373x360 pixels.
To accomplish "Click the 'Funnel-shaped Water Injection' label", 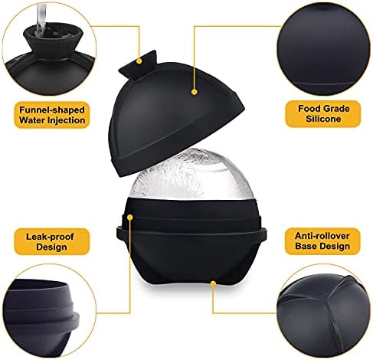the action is click(x=52, y=115).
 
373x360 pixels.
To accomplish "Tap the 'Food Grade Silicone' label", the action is click(x=323, y=114).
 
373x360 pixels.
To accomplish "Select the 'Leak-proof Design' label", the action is click(x=51, y=241).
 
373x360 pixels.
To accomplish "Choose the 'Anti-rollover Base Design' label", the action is click(x=322, y=241).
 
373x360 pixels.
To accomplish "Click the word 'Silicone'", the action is click(x=323, y=119).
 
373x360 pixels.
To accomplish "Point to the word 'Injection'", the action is click(x=68, y=120).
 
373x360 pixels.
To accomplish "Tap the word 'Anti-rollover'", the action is click(x=322, y=236).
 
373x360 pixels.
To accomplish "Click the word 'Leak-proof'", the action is click(x=50, y=237).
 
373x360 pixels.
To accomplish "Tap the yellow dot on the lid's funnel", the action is click(x=139, y=61).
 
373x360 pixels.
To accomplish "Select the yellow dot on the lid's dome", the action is click(x=195, y=92).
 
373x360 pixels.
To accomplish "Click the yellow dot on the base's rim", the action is click(x=130, y=218).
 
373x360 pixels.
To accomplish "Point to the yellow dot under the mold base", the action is click(x=213, y=283).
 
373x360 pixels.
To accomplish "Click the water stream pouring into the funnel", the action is click(x=41, y=18).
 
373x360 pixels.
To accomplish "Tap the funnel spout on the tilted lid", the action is click(x=139, y=62).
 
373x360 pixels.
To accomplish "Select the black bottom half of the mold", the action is click(x=191, y=243).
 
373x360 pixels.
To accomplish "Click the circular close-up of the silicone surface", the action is click(x=323, y=48).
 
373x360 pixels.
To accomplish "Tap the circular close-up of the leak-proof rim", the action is click(x=48, y=312).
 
